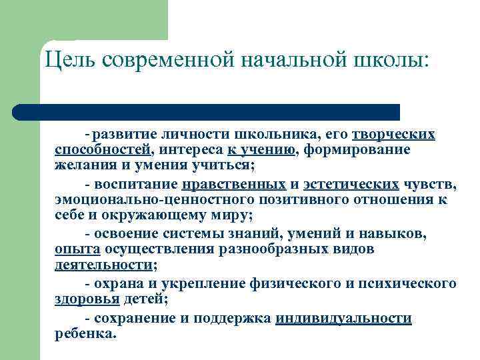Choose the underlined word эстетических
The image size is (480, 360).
coord(351,184)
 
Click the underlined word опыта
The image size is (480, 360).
coord(77,249)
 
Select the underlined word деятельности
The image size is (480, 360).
coord(103,265)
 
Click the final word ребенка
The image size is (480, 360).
coord(85,334)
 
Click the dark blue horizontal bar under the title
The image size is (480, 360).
coord(207,112)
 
